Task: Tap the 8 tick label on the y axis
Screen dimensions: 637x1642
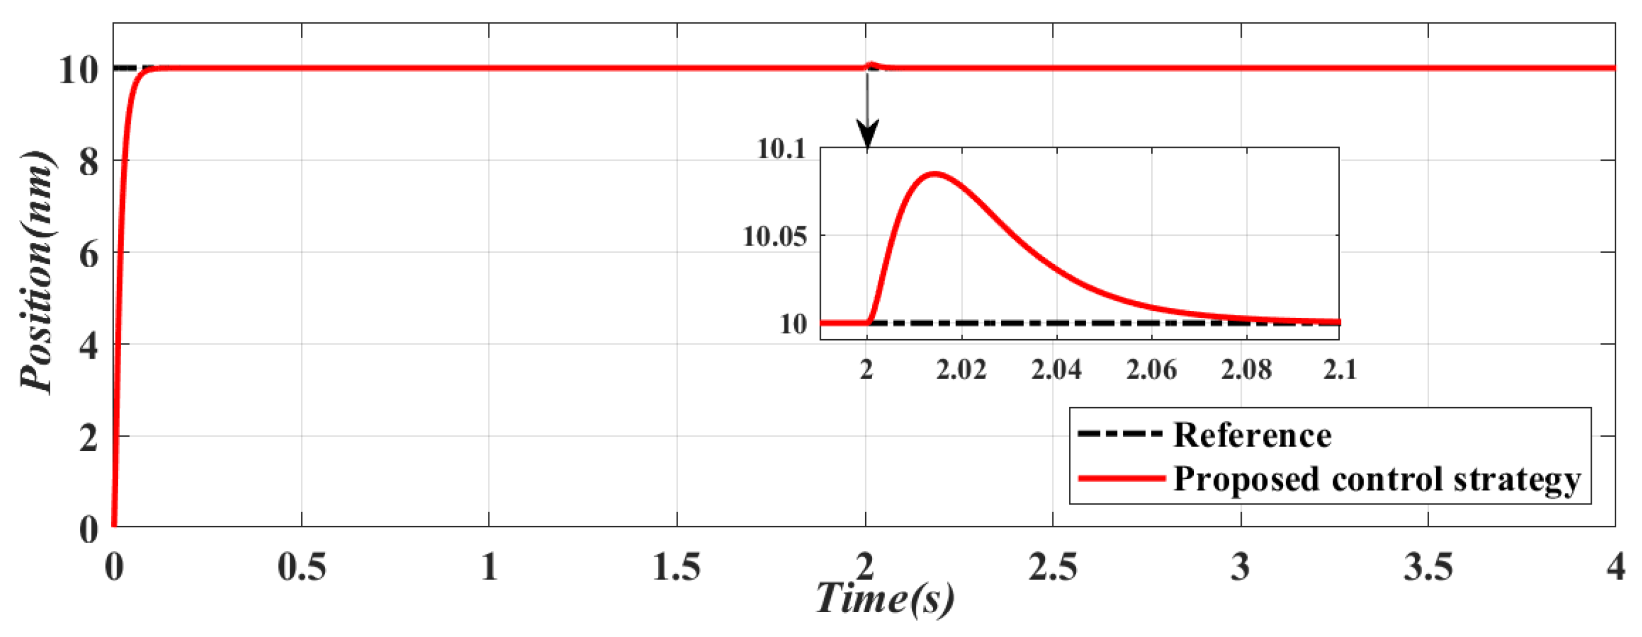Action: (89, 163)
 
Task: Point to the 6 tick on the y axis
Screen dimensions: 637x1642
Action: (89, 255)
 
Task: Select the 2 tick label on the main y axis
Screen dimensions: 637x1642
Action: (89, 439)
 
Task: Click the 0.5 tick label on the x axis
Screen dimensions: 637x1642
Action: (302, 566)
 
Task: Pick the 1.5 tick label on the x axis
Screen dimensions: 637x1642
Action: (676, 566)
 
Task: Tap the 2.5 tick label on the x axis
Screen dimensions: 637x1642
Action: (1052, 566)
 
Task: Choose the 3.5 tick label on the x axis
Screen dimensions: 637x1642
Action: (1429, 566)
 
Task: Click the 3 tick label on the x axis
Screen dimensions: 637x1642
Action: (1241, 566)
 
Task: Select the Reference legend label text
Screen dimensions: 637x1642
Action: (1252, 435)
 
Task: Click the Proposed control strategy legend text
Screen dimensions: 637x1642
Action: (1377, 479)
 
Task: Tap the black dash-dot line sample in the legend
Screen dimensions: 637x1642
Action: (1120, 434)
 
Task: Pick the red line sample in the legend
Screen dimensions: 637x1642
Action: (1120, 477)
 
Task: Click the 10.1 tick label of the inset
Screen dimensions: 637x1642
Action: (781, 149)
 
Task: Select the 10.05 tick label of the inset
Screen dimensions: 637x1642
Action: (775, 237)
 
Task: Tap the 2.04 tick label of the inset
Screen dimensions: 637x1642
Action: (1056, 369)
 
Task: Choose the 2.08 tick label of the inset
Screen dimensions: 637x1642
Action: (1246, 369)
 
